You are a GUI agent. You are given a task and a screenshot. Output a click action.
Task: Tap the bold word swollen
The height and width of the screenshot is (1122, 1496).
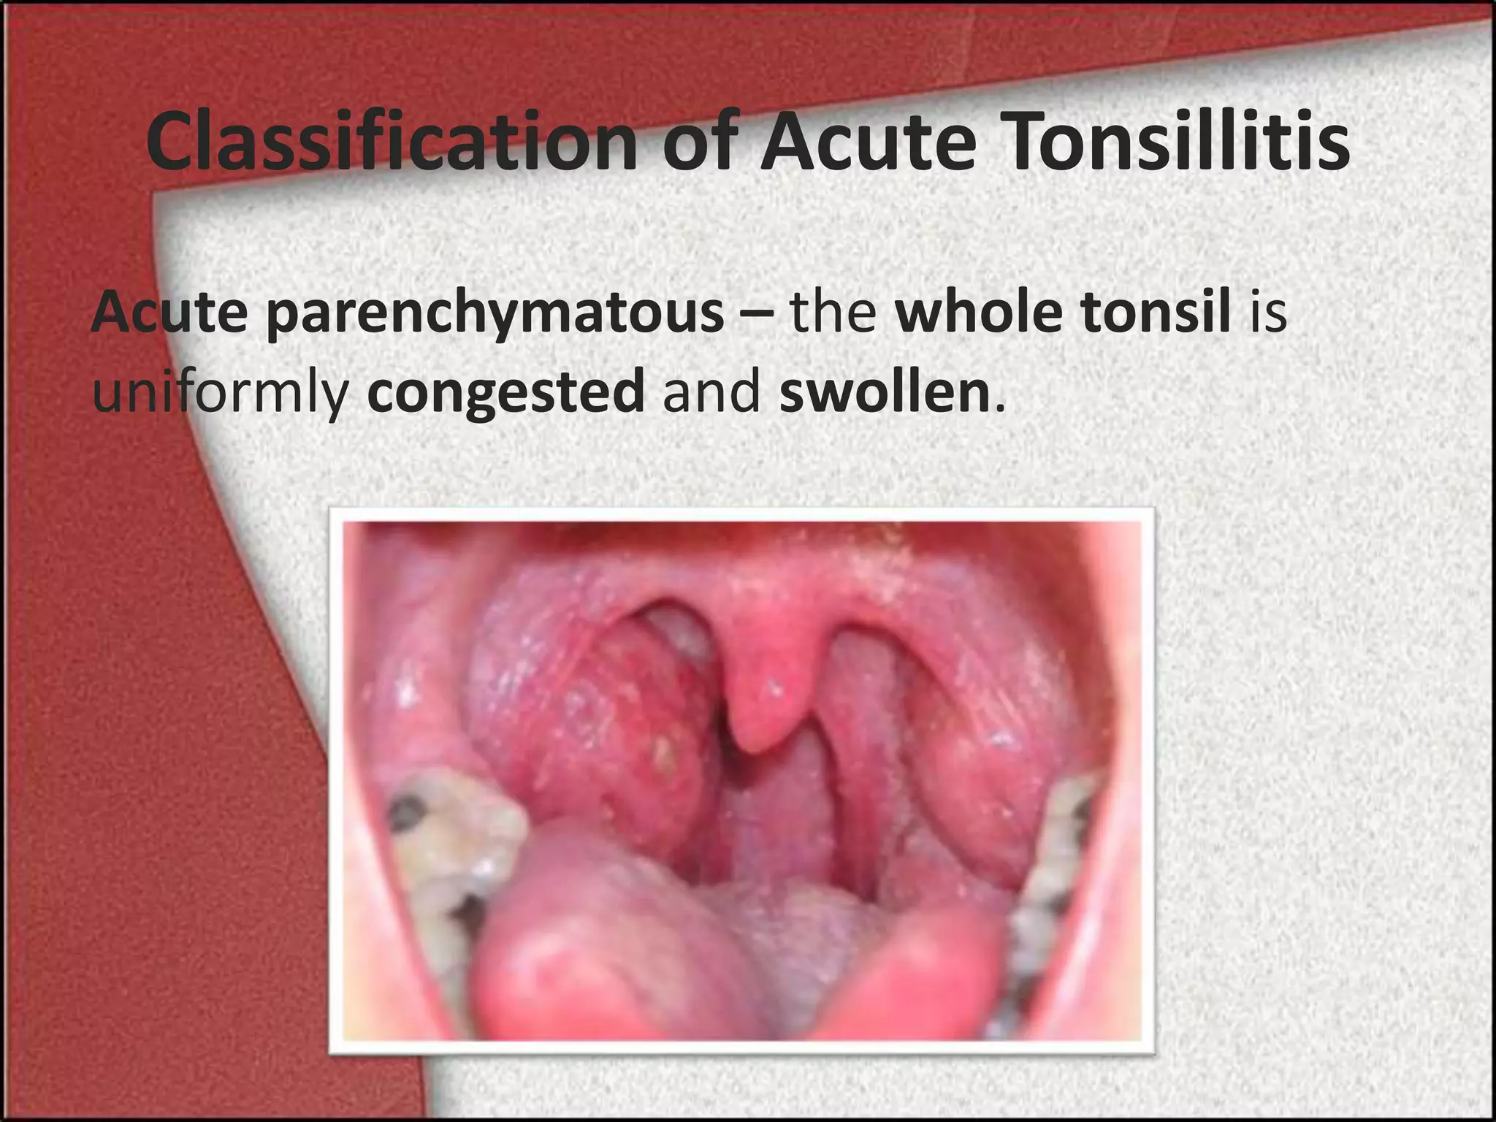[884, 393]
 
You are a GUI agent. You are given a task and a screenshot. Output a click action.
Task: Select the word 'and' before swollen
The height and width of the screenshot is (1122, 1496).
[711, 393]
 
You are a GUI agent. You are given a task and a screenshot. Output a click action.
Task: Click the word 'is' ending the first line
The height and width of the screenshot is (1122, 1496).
[1267, 313]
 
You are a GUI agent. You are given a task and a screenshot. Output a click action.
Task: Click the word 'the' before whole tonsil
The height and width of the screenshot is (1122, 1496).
[833, 313]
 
